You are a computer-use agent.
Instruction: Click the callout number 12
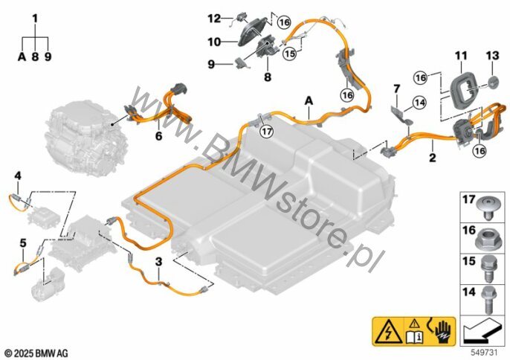[214, 17]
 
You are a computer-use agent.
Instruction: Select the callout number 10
[214, 42]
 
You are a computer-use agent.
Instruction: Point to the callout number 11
[462, 56]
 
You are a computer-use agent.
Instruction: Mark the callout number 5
[22, 243]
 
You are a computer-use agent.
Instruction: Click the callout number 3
[158, 263]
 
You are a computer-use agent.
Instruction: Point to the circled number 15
[289, 54]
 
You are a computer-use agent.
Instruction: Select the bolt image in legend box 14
[488, 297]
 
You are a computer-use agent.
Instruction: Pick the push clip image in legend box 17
[488, 205]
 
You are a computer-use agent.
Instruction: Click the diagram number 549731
[484, 350]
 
